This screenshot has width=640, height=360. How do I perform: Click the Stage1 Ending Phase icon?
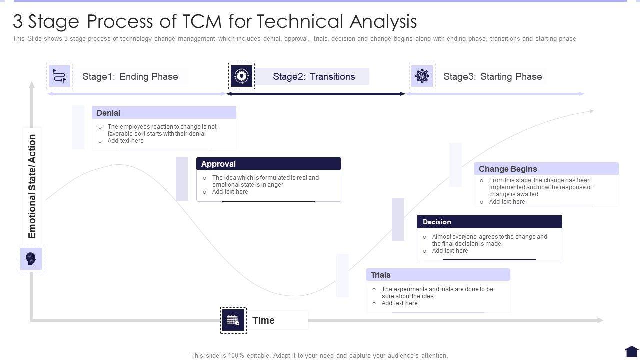(59, 76)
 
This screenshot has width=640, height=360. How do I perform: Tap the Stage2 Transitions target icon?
(241, 76)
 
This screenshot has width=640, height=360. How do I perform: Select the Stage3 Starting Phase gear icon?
(422, 76)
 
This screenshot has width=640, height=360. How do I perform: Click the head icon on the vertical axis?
(31, 259)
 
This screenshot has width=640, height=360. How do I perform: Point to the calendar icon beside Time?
(233, 320)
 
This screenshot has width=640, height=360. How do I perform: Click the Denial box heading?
(108, 113)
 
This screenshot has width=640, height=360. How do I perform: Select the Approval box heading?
(218, 164)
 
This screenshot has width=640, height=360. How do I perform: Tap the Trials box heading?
(381, 275)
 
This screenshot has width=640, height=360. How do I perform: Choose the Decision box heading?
(437, 222)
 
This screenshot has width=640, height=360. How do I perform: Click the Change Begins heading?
(508, 169)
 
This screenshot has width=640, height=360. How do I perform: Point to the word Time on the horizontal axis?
(263, 320)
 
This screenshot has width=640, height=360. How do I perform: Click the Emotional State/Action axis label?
(32, 186)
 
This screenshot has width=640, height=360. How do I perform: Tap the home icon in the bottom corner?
(631, 352)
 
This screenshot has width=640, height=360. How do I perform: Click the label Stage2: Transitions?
(314, 76)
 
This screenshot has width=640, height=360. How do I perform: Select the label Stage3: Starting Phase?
(492, 76)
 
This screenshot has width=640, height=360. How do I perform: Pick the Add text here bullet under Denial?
(125, 141)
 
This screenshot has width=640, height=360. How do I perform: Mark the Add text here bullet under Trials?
(399, 303)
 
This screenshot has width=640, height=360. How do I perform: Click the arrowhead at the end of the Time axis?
(600, 320)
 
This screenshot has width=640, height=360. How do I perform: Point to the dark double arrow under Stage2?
(315, 94)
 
